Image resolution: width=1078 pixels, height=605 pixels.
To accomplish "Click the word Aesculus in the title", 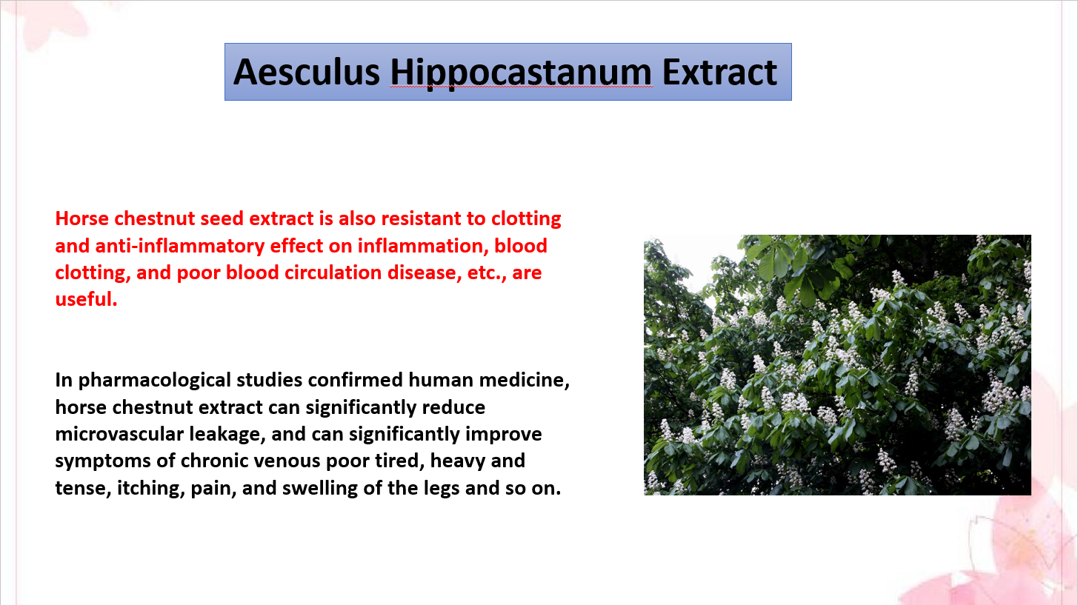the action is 307,72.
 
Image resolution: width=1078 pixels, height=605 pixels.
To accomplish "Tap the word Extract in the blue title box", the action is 719,72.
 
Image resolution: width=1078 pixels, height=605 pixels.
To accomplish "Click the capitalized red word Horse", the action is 81,218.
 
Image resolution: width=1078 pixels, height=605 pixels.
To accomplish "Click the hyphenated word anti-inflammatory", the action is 179,247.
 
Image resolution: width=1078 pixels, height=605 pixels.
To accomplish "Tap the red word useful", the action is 86,299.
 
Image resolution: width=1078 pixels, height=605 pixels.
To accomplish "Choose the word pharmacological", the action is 155,381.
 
